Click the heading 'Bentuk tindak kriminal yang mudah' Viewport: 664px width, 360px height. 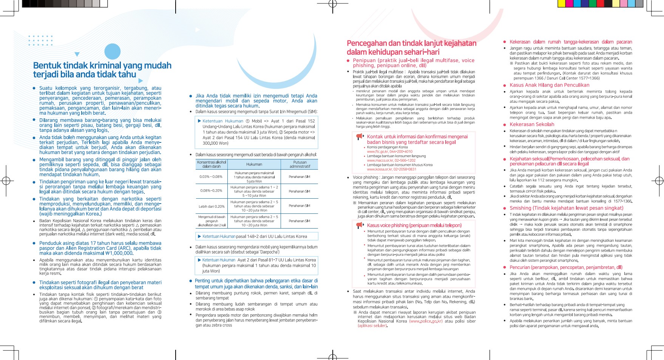coord(102,66)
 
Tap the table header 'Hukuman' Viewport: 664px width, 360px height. coord(254,164)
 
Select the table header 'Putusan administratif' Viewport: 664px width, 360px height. coord(300,164)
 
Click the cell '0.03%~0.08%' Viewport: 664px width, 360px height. coord(211,177)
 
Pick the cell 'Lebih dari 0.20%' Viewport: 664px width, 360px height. coord(211,206)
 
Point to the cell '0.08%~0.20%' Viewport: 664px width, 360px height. coord(211,191)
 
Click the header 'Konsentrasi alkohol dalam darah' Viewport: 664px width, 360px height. coord(211,164)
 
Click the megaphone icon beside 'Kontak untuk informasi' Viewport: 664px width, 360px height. coord(359,137)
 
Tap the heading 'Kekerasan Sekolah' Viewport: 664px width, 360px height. coord(532,124)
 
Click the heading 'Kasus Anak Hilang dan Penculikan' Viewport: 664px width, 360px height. coord(549,85)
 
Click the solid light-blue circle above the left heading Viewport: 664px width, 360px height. coord(112,51)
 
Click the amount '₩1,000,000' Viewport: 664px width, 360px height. coord(118,253)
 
